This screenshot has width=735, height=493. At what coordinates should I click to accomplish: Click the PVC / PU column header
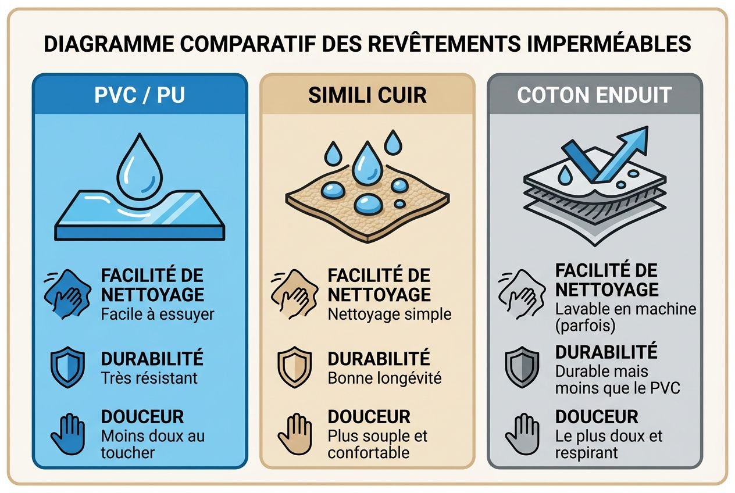click(140, 95)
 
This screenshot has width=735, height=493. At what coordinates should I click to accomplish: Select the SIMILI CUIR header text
click(367, 95)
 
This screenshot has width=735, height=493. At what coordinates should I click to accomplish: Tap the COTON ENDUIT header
click(594, 95)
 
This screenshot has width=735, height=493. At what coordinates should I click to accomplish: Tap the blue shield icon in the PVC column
click(67, 367)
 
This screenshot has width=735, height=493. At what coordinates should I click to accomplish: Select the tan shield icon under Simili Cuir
click(294, 367)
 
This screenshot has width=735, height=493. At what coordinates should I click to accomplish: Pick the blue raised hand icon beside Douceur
click(67, 434)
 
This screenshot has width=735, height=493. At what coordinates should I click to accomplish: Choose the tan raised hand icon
click(294, 434)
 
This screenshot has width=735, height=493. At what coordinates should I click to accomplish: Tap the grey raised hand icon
click(521, 434)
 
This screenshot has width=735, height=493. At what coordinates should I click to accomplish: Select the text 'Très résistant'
click(149, 377)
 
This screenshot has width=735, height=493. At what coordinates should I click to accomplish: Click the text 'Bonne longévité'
click(384, 378)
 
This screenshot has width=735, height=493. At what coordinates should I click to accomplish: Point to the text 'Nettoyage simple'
click(389, 315)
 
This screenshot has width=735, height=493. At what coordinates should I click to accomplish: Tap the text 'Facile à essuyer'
click(157, 315)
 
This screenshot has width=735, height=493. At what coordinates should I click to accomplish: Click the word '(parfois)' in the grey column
click(584, 326)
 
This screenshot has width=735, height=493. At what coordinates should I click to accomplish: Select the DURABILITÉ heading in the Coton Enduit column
click(606, 352)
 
